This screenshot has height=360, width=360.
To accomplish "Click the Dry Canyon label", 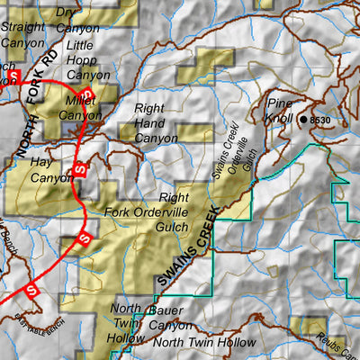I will click(x=77, y=20).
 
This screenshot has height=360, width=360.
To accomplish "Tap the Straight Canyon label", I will click(x=22, y=33).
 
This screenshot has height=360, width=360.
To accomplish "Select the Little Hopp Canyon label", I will click(x=88, y=62).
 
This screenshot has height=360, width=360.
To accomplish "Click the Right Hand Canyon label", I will click(x=156, y=123).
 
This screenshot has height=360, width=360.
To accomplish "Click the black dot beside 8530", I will click(x=302, y=119).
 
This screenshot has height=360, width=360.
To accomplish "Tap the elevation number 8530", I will click(x=321, y=120).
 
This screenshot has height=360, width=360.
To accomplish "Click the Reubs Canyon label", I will click(x=338, y=346).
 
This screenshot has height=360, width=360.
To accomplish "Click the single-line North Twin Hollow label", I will click(x=204, y=343).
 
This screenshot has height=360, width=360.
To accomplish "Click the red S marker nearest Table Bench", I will click(x=31, y=291).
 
